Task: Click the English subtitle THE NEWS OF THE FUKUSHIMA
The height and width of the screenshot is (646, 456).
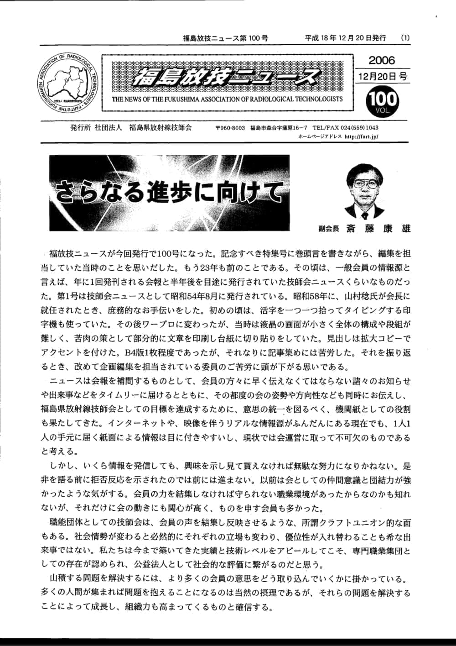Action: [227, 99]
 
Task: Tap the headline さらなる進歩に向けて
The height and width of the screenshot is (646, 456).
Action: [169, 192]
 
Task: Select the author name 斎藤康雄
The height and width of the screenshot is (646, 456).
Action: [378, 228]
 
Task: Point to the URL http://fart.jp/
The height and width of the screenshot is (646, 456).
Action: [362, 136]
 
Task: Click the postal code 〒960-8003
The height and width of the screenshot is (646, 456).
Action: [230, 128]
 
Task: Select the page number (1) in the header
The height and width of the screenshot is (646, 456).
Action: [405, 38]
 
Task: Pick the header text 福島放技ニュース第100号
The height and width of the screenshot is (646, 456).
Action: [225, 38]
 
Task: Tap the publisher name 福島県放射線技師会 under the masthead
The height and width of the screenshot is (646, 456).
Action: [161, 128]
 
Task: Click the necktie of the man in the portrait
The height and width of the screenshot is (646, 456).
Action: [364, 214]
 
